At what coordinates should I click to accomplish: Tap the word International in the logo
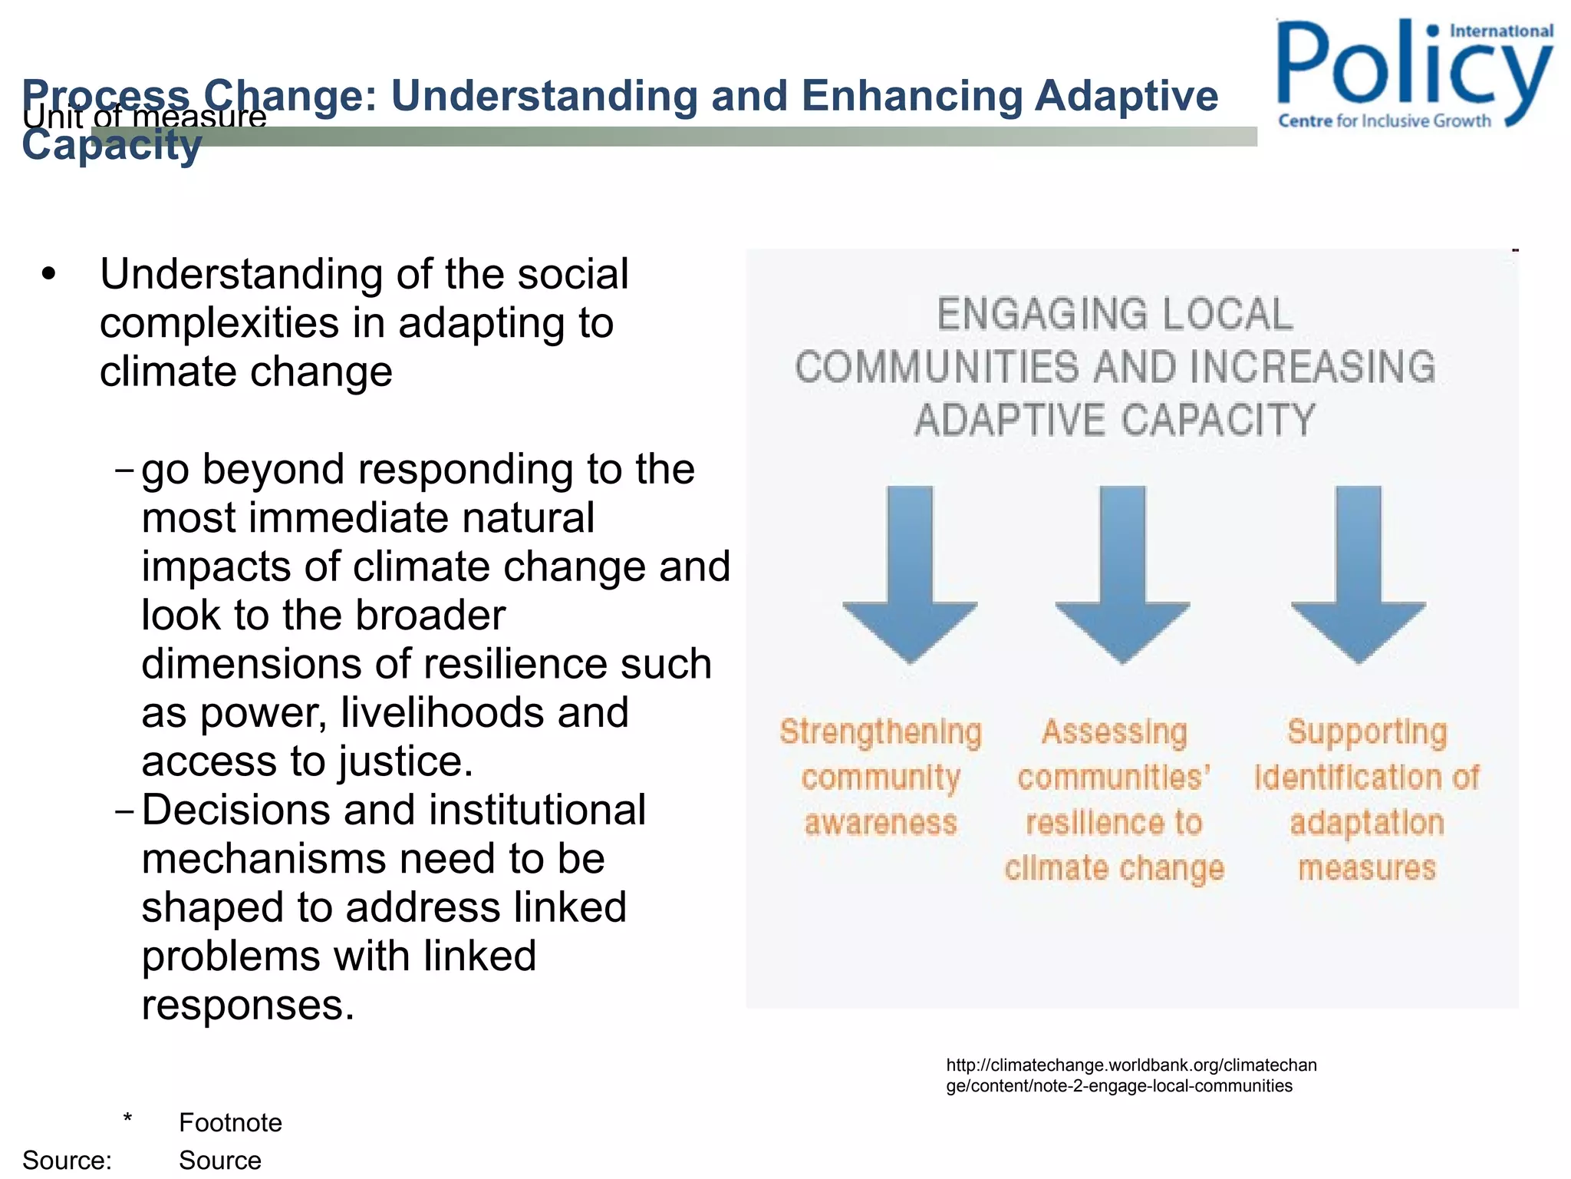[1500, 31]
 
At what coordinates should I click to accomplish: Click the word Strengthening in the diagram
[881, 732]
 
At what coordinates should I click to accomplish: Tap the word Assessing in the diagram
[1114, 732]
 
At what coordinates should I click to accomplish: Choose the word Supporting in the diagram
[1367, 732]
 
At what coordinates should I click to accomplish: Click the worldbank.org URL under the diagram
[1131, 1075]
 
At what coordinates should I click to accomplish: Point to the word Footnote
[230, 1123]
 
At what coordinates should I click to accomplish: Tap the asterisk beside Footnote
[127, 1118]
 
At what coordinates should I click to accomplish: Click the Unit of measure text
[144, 117]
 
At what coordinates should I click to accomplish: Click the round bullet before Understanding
[50, 275]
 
